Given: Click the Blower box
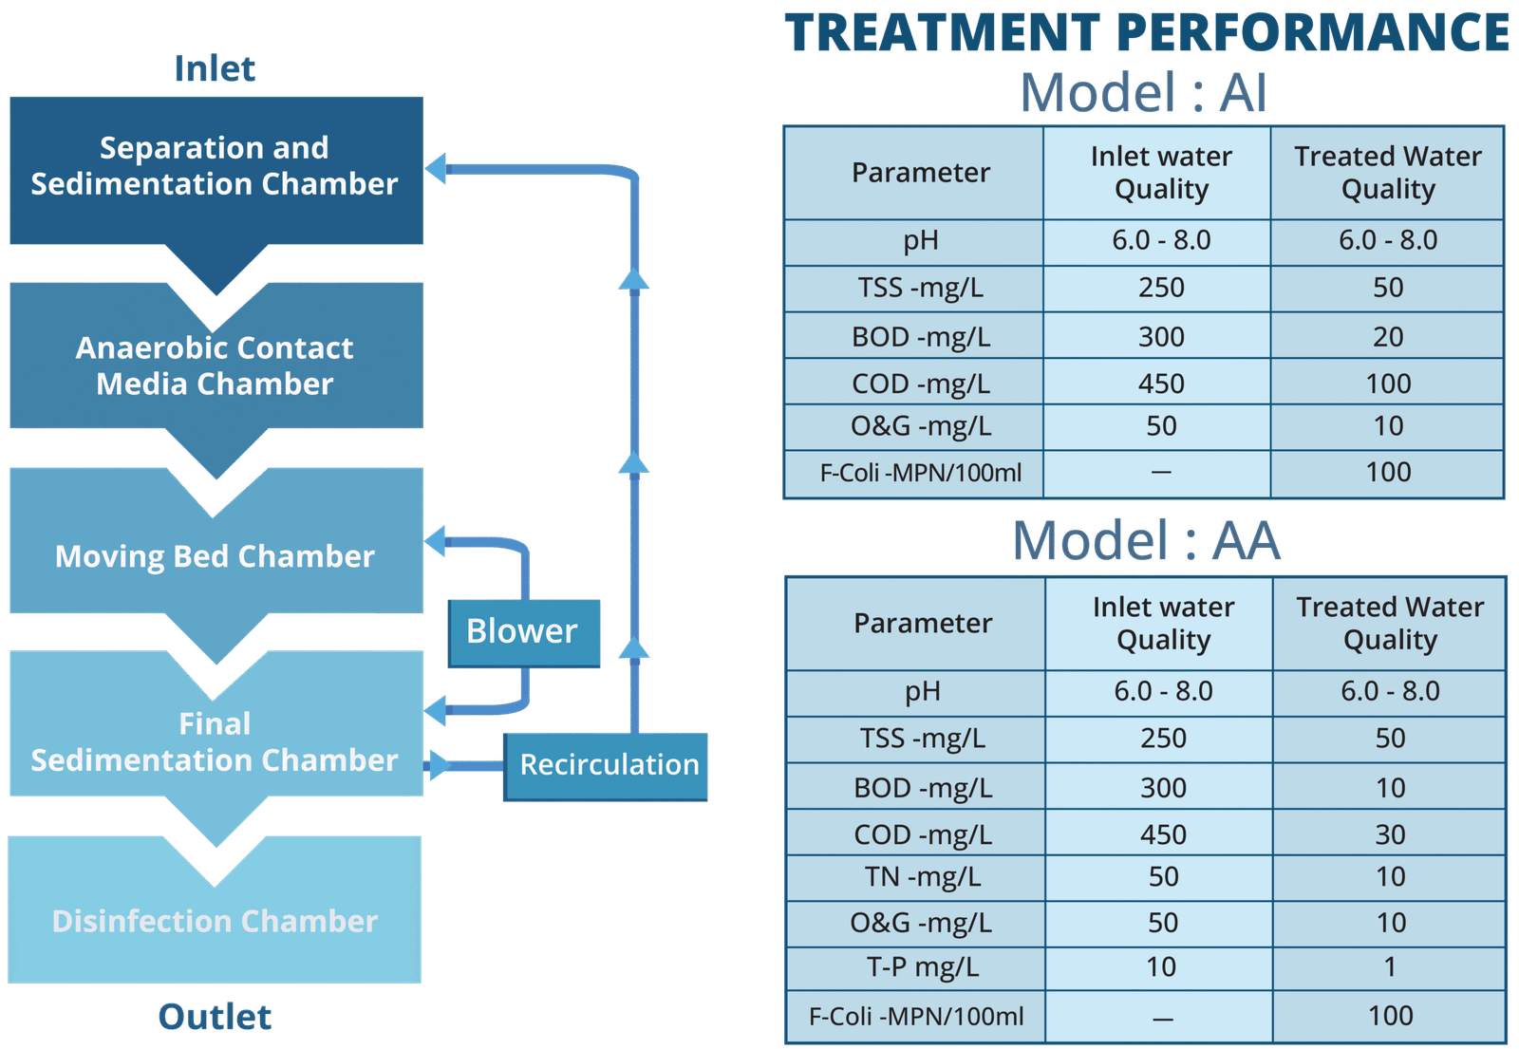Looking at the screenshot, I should pyautogui.click(x=524, y=632).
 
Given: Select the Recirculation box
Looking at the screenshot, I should pyautogui.click(x=608, y=765).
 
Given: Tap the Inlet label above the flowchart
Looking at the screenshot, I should pyautogui.click(x=215, y=68).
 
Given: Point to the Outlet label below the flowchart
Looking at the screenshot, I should pyautogui.click(x=215, y=1017).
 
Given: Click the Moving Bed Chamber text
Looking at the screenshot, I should pyautogui.click(x=215, y=556).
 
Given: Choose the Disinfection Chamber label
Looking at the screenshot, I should pyautogui.click(x=215, y=921).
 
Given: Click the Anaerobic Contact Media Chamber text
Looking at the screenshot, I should pyautogui.click(x=215, y=365).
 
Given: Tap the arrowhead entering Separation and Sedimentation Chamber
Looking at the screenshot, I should pyautogui.click(x=435, y=169).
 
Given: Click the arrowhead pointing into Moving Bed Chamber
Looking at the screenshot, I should pyautogui.click(x=435, y=541).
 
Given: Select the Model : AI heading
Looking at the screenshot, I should pyautogui.click(x=1143, y=93).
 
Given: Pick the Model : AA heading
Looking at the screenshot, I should pyautogui.click(x=1147, y=541).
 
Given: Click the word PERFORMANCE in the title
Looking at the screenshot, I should pyautogui.click(x=1313, y=32).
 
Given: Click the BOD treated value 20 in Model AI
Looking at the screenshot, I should pyautogui.click(x=1388, y=337).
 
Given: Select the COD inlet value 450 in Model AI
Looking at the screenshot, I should pyautogui.click(x=1161, y=384).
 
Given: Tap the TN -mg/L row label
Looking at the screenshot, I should pyautogui.click(x=923, y=877).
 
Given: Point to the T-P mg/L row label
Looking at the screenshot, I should pyautogui.click(x=923, y=967).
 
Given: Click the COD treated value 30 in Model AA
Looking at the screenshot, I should pyautogui.click(x=1390, y=834).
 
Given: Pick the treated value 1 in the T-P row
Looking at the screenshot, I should pyautogui.click(x=1390, y=967).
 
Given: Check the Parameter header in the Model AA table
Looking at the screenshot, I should pyautogui.click(x=923, y=624).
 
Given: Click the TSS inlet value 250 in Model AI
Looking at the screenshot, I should pyautogui.click(x=1161, y=288).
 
